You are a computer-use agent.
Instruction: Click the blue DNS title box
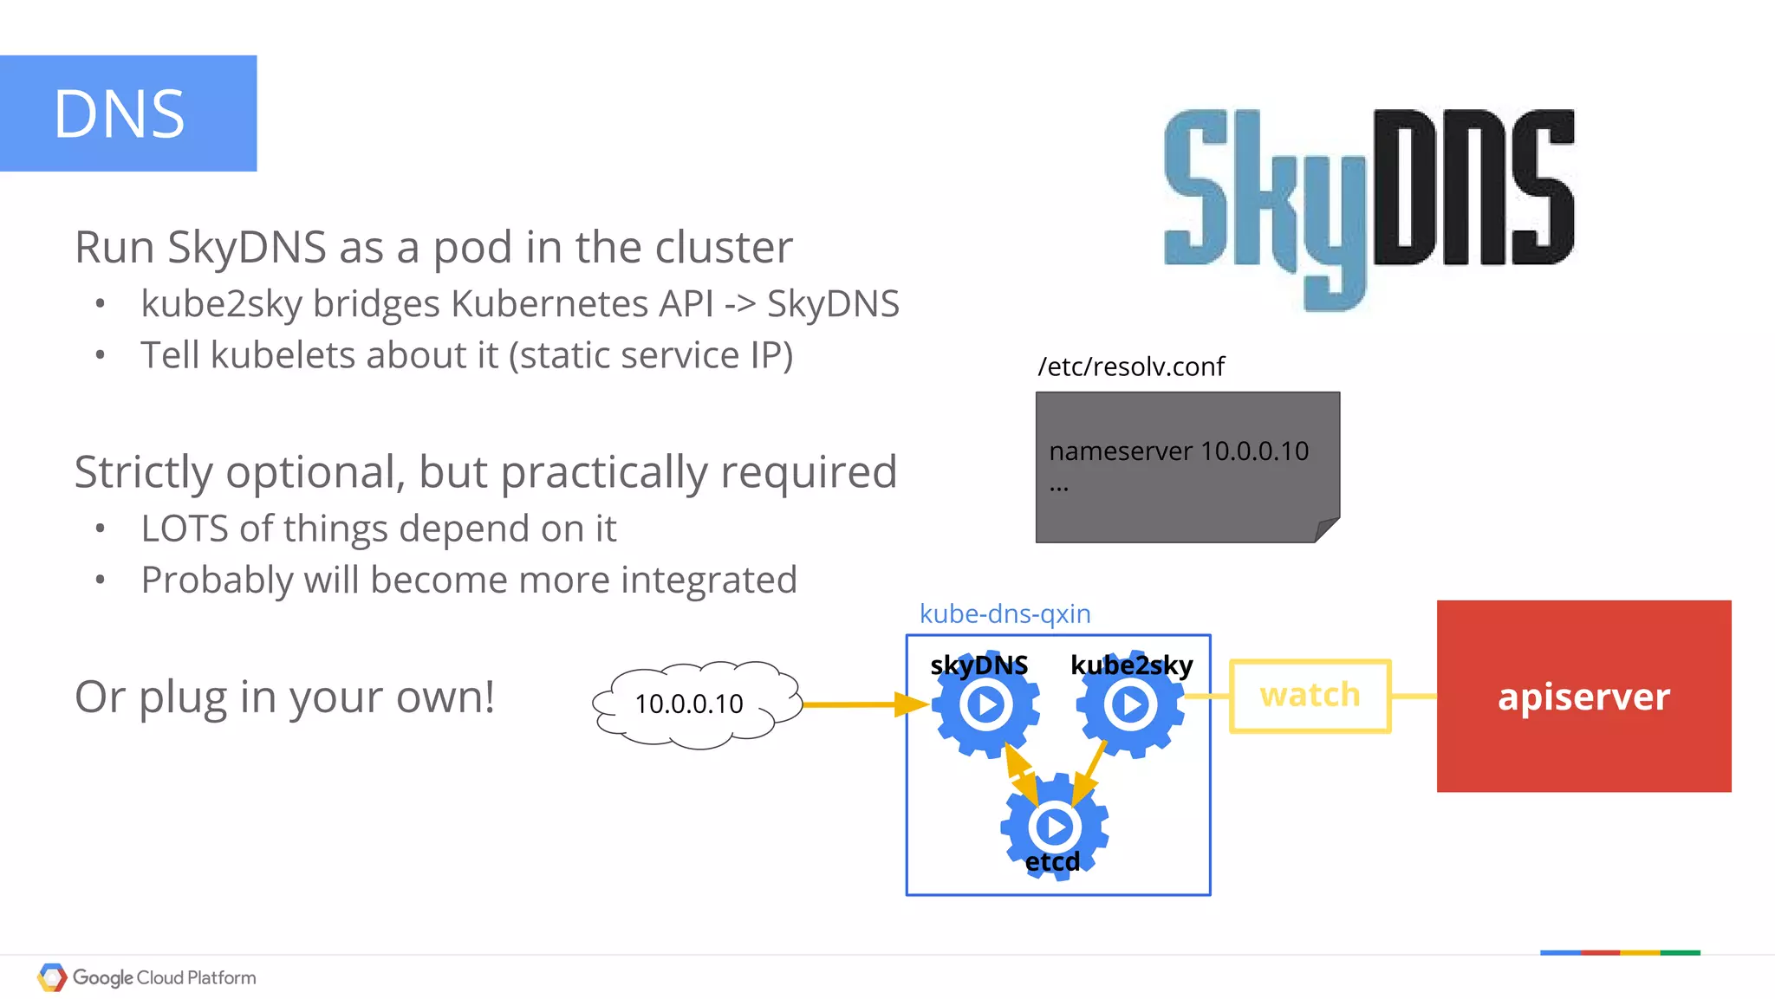[x=128, y=114]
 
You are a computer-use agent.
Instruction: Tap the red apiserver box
[x=1583, y=697]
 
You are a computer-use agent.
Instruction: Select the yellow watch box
[x=1310, y=696]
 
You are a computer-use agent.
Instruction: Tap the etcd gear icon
[x=1054, y=827]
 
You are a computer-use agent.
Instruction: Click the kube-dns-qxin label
[x=1005, y=613]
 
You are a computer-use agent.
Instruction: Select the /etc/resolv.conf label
[x=1131, y=367]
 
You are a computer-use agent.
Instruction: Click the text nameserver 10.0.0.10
[x=1178, y=451]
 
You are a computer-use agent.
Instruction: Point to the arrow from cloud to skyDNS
[x=862, y=704]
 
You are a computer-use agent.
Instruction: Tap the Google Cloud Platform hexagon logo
[x=52, y=977]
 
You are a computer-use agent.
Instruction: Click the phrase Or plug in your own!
[x=284, y=697]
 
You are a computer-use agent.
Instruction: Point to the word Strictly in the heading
[x=143, y=473]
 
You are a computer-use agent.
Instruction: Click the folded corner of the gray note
[x=1327, y=529]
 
